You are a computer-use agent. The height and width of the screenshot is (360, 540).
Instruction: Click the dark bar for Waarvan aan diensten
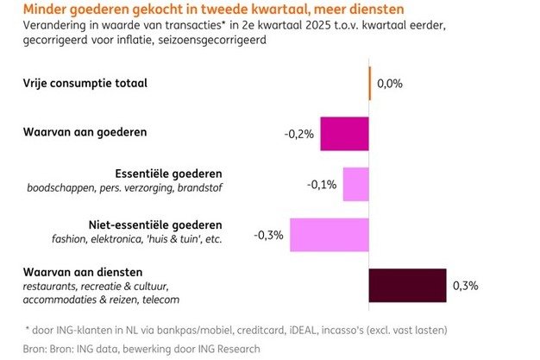tap(408, 286)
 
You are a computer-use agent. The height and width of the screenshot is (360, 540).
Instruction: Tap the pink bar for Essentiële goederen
tap(356, 185)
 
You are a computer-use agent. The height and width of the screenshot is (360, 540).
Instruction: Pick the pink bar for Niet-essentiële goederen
tap(330, 236)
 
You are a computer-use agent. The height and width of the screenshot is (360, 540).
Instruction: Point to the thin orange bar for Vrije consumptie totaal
tap(370, 84)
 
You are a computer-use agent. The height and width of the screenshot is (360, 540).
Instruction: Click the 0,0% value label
tap(389, 85)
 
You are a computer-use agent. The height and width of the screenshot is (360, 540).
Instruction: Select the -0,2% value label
tap(299, 135)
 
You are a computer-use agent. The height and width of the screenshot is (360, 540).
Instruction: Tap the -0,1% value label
tap(323, 185)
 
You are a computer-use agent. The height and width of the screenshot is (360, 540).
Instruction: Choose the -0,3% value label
tap(269, 235)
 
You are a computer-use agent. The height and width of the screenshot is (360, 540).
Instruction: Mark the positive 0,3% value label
tap(466, 286)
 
